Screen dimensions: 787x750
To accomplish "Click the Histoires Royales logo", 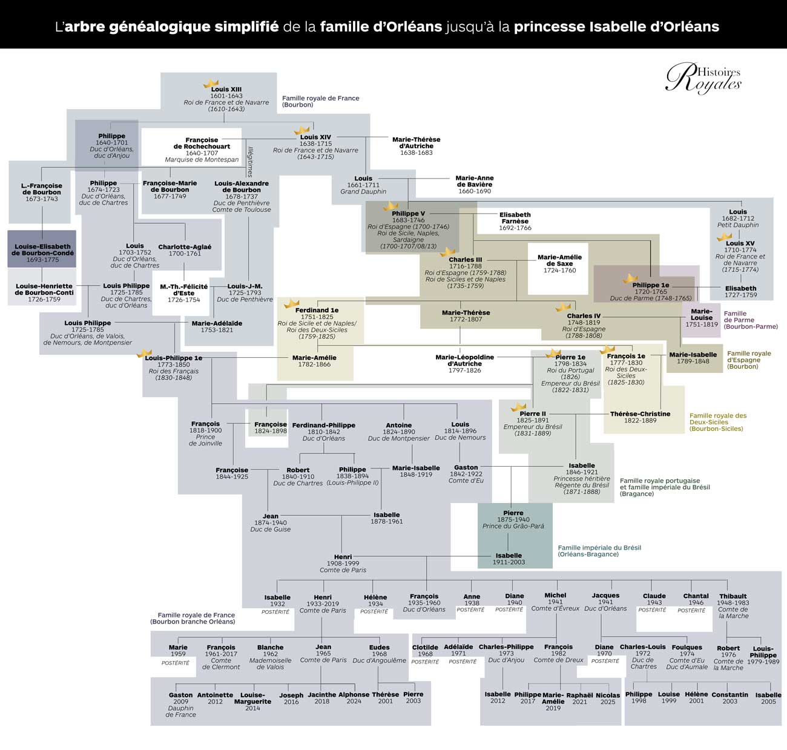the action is click(x=703, y=78).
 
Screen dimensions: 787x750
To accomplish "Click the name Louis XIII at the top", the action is click(x=226, y=90).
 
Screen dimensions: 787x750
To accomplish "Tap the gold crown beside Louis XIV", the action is click(x=301, y=131).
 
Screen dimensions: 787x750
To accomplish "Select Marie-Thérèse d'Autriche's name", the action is click(x=417, y=142).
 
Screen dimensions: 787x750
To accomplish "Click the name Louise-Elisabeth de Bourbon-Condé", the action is click(x=42, y=250).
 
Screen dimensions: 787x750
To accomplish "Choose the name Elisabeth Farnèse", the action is click(x=515, y=218).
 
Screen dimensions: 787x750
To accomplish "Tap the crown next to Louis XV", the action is click(x=724, y=237).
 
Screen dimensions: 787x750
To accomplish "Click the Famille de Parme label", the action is click(x=751, y=320).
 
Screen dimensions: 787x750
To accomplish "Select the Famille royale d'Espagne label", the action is click(x=749, y=360).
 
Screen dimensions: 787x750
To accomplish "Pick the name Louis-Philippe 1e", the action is click(x=174, y=358).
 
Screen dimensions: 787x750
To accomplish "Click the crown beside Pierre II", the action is click(x=519, y=407).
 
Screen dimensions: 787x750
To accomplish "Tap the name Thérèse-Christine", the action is click(x=640, y=413).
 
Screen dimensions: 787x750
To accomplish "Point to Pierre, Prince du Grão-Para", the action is click(x=513, y=519).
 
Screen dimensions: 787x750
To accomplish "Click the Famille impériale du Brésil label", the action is click(x=599, y=551).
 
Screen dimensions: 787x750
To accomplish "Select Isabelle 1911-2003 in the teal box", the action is click(x=509, y=559).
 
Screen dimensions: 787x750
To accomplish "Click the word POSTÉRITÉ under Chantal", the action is click(x=691, y=610).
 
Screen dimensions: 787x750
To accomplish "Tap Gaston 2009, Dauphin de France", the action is click(x=181, y=705).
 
